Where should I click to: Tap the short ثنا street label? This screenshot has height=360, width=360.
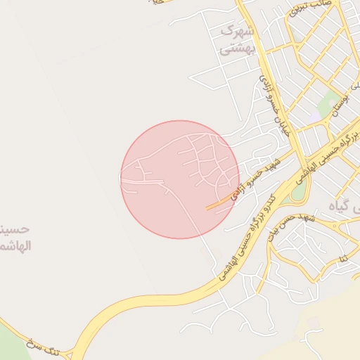[345, 260]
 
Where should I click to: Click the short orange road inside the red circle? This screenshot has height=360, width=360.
[219, 204]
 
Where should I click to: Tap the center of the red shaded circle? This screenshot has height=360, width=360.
[180, 179]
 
